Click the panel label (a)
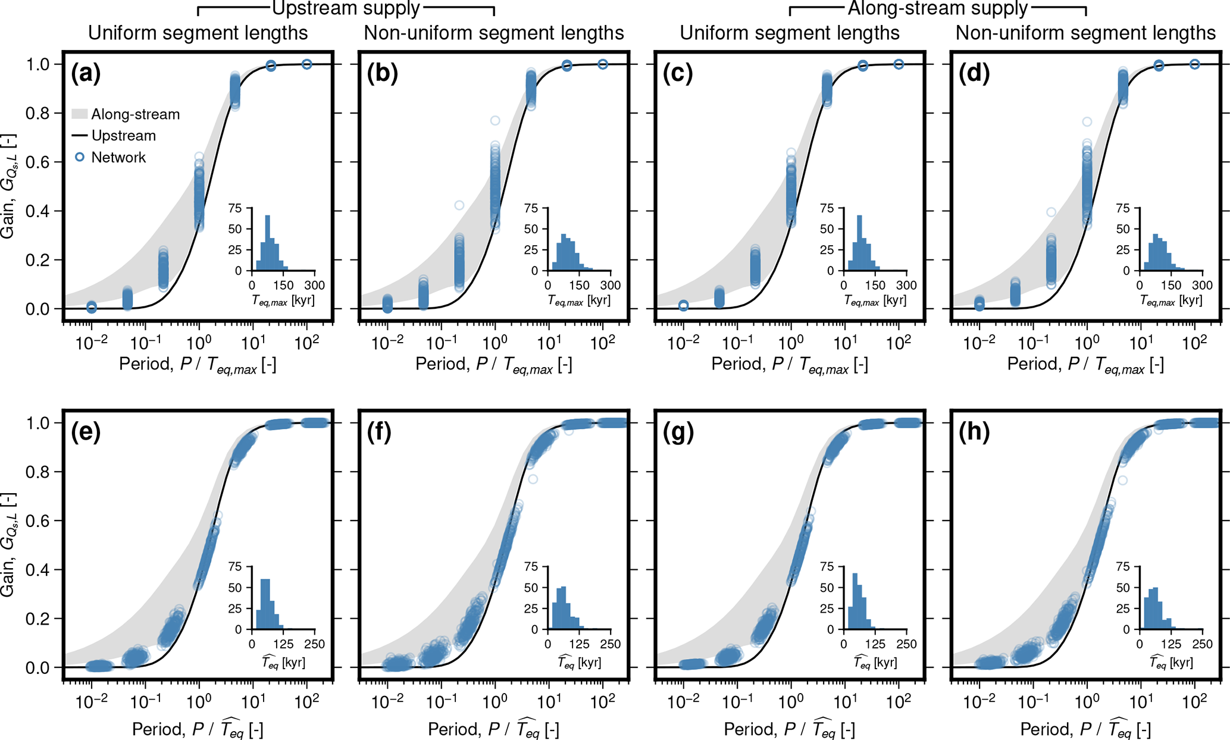click(x=86, y=74)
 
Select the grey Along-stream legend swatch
click(x=80, y=114)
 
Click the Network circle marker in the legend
click(x=79, y=157)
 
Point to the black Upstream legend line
click(x=80, y=136)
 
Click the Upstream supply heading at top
click(x=346, y=8)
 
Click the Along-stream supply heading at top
click(x=937, y=8)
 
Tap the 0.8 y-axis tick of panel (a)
click(x=37, y=114)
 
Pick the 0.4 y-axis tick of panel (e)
click(x=37, y=570)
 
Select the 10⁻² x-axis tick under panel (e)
click(x=92, y=703)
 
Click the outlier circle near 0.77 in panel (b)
click(x=495, y=121)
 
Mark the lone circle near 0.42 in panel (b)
click(x=459, y=205)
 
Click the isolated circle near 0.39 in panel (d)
click(x=1051, y=212)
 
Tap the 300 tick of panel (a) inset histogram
click(x=315, y=286)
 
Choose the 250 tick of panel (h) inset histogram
click(x=1203, y=644)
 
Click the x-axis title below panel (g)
click(x=789, y=729)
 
